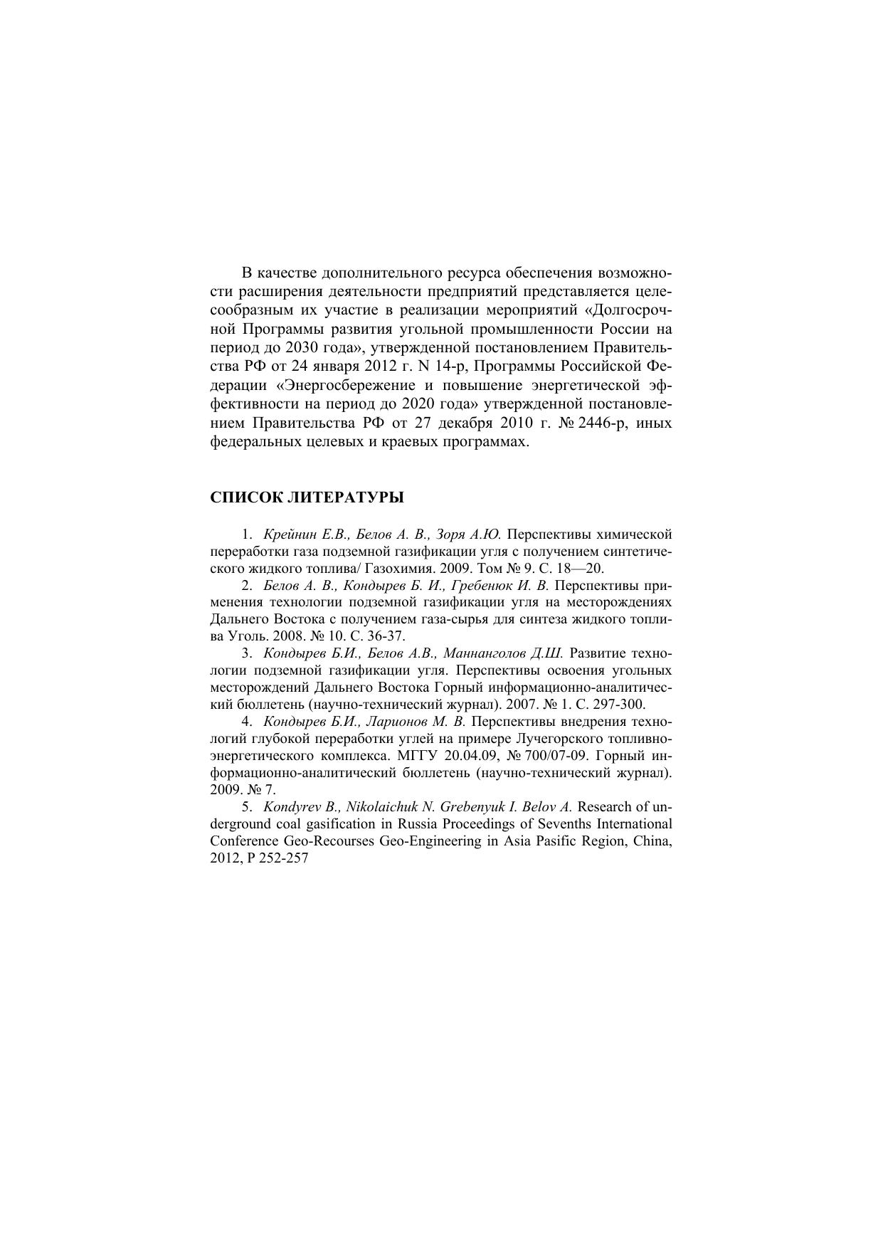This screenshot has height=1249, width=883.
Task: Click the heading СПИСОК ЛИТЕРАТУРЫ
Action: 307,497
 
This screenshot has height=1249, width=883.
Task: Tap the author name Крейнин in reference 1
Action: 289,534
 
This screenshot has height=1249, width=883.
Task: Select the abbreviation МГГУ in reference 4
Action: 416,756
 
